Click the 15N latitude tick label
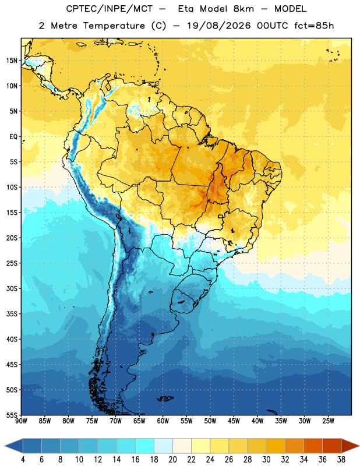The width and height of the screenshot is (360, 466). click(12, 61)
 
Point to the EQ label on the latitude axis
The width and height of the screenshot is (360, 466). click(13, 137)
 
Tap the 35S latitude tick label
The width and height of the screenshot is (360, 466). click(12, 314)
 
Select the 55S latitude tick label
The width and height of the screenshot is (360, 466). click(12, 415)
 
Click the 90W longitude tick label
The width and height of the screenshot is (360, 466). click(21, 421)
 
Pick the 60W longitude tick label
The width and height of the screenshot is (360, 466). click(163, 421)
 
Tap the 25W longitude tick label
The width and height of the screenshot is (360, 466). click(328, 421)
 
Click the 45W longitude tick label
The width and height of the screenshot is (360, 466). click(234, 421)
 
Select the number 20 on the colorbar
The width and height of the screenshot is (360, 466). click(172, 460)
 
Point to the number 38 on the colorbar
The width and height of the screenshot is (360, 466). click(341, 460)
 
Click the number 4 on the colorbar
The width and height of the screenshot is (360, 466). click(23, 460)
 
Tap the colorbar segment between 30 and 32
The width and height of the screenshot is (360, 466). click(276, 446)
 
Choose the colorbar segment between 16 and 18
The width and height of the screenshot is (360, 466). click(144, 446)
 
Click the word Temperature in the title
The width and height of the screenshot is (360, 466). click(114, 26)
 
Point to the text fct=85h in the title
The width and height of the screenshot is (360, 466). click(314, 26)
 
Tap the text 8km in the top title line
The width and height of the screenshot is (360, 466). click(243, 9)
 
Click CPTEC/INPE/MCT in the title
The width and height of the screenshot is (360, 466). click(109, 9)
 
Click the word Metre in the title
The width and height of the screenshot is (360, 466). click(64, 26)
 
